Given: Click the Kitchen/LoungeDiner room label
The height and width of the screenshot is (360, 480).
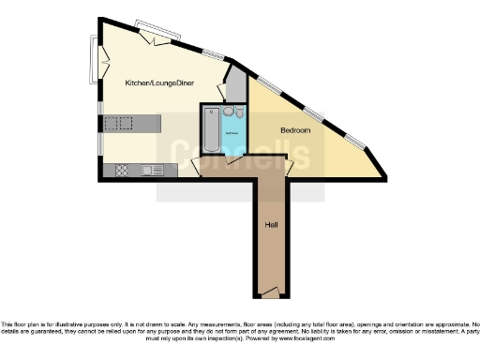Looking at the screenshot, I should pyautogui.click(x=159, y=83).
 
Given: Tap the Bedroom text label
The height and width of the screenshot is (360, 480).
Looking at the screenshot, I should pyautogui.click(x=294, y=129).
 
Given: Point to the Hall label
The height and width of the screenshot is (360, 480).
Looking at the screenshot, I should pyautogui.click(x=270, y=225).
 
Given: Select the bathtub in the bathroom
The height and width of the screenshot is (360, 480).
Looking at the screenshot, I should pyautogui.click(x=212, y=134).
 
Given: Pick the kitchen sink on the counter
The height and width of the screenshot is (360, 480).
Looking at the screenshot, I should pyautogui.click(x=149, y=170).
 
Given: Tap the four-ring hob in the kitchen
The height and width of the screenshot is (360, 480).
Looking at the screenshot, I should pyautogui.click(x=121, y=170).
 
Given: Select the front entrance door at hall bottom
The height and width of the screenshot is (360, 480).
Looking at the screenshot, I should pyautogui.click(x=270, y=292).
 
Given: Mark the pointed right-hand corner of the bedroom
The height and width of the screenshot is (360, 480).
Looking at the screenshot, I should pyautogui.click(x=384, y=174).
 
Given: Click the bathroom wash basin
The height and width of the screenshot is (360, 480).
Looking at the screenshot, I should pyautogui.click(x=229, y=113).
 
